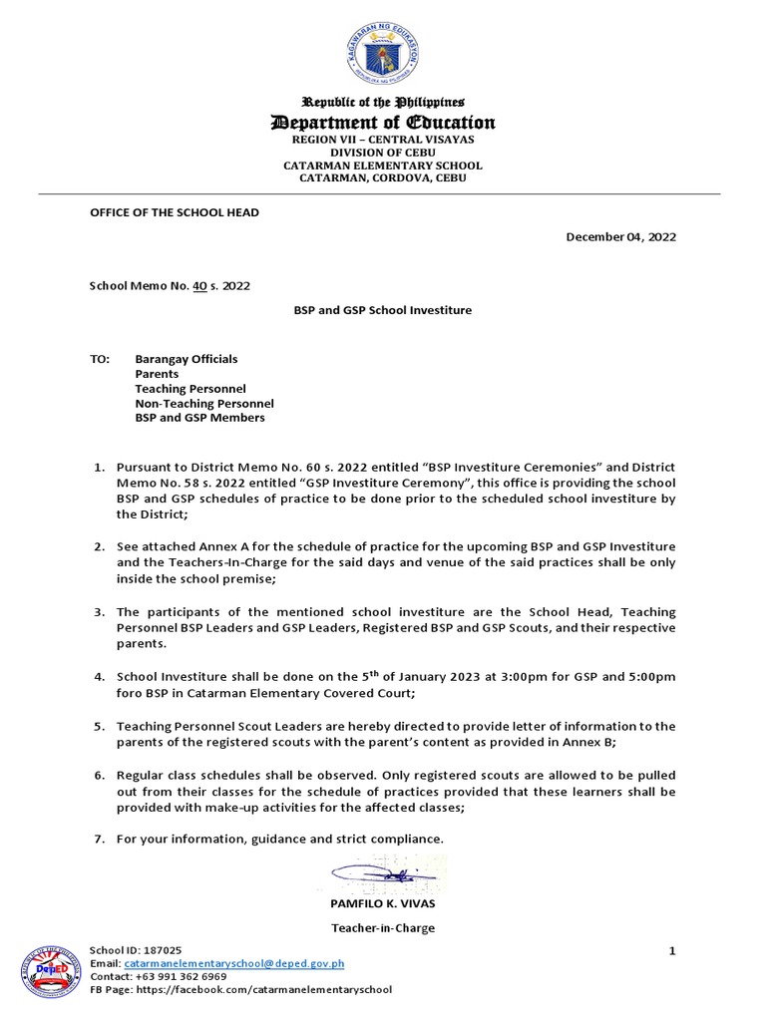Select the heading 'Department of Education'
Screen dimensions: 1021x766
[x=383, y=123]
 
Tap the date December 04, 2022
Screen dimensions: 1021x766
[x=620, y=236]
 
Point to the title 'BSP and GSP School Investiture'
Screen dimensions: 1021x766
[x=383, y=310]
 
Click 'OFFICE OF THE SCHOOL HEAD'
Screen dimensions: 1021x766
[x=175, y=212]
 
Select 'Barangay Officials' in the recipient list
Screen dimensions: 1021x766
[x=187, y=358]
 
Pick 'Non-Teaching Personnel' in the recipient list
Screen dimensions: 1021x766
[x=204, y=403]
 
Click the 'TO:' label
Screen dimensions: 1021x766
[x=99, y=358]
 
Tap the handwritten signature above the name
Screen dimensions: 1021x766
[x=383, y=874]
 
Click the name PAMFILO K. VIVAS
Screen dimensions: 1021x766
[x=383, y=902]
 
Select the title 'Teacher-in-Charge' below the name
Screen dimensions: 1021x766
[x=383, y=928]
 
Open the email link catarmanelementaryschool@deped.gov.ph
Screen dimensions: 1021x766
[x=234, y=964]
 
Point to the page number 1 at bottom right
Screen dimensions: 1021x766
[x=672, y=951]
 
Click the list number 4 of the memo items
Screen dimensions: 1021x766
[x=99, y=677]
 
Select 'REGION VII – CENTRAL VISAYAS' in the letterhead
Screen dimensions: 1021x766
[x=383, y=141]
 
